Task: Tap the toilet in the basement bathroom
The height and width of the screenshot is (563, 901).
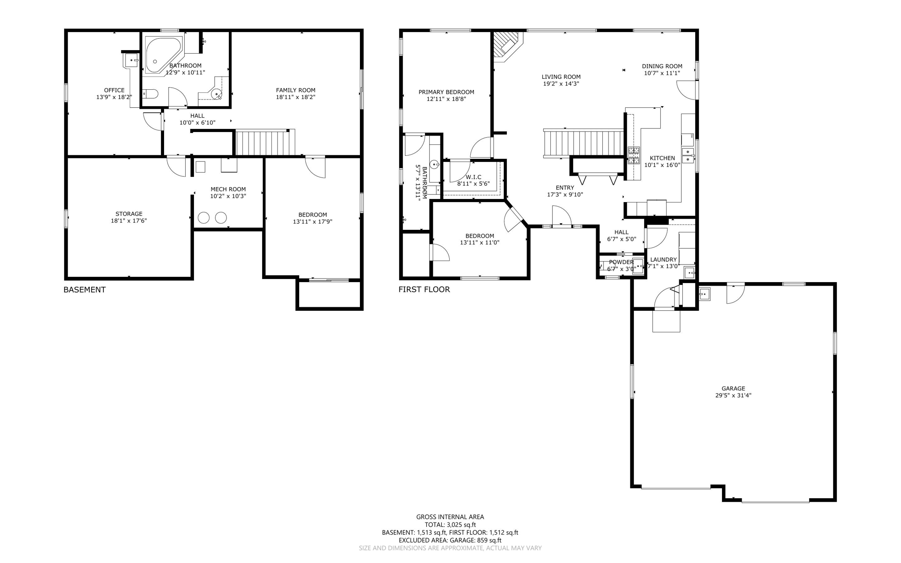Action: click(x=150, y=94)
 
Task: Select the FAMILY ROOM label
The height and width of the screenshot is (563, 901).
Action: click(x=296, y=90)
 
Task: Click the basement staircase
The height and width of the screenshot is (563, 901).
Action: click(x=263, y=142)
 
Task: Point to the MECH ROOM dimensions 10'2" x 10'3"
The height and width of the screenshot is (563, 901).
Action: click(x=228, y=196)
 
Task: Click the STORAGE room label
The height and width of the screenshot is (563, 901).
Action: click(x=129, y=214)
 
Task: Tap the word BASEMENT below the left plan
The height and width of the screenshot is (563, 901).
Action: click(x=84, y=290)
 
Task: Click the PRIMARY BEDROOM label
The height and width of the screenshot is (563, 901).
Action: click(x=446, y=92)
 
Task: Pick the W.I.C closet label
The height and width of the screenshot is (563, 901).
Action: click(x=473, y=177)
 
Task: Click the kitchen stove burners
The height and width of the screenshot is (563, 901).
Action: click(x=634, y=155)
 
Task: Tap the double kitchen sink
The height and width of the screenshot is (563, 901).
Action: click(x=687, y=155)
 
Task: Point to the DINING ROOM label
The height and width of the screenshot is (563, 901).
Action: click(x=662, y=66)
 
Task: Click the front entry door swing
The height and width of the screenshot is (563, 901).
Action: click(x=561, y=217)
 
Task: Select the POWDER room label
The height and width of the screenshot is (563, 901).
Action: click(x=621, y=262)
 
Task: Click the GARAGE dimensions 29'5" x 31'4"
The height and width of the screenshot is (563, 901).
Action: click(x=733, y=395)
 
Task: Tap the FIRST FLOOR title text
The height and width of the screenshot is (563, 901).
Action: click(x=424, y=290)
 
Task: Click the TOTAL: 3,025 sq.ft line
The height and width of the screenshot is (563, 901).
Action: click(x=450, y=525)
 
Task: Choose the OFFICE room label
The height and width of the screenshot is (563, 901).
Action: click(x=114, y=90)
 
